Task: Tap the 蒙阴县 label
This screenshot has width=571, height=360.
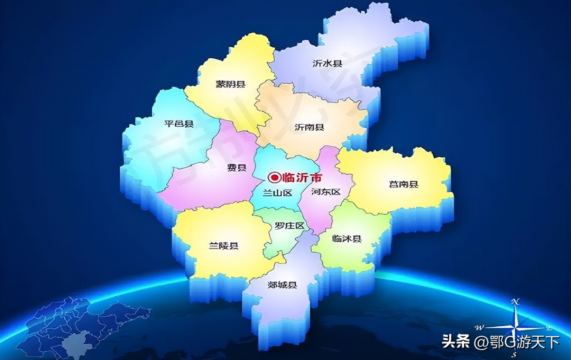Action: pyautogui.click(x=231, y=84)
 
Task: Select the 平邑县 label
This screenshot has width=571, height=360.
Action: pyautogui.click(x=179, y=124)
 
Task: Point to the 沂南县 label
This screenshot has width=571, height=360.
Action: pyautogui.click(x=309, y=127)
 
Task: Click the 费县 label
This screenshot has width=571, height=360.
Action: pyautogui.click(x=237, y=168)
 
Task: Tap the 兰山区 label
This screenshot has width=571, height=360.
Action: pyautogui.click(x=277, y=193)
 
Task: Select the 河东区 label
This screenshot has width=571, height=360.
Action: pyautogui.click(x=325, y=192)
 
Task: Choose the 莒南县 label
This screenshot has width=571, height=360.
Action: pyautogui.click(x=403, y=185)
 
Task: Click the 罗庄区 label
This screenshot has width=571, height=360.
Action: pyautogui.click(x=289, y=226)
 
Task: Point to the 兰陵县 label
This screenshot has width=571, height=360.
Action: pyautogui.click(x=223, y=246)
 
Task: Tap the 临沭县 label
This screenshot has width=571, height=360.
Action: pyautogui.click(x=347, y=239)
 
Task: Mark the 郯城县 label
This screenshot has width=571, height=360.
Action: pyautogui.click(x=282, y=285)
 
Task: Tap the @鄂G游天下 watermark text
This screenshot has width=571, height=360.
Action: pyautogui.click(x=517, y=342)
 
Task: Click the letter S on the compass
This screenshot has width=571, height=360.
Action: pyautogui.click(x=515, y=354)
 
